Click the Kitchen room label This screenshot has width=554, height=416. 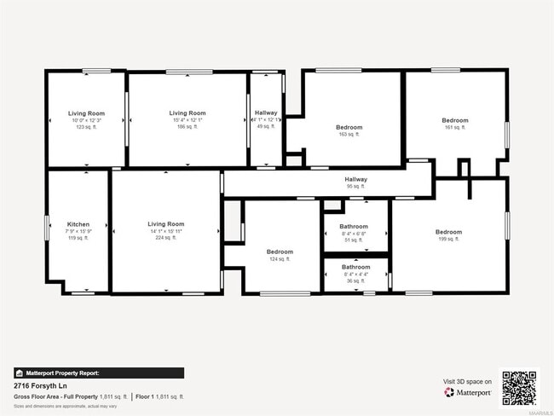coord(78,224)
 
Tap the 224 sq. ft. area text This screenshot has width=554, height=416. coord(165,238)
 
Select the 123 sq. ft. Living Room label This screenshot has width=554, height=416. coord(86,113)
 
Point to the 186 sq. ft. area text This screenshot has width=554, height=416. coord(188,126)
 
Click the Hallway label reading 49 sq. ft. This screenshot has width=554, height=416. coord(266,113)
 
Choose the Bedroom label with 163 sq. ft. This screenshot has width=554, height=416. coord(349,128)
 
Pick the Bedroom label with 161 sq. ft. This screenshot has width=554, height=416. coord(455,120)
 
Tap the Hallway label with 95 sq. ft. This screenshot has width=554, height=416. coord(355,179)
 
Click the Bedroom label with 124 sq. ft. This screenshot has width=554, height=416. coord(280,251)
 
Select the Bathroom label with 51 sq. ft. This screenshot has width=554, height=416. coord(355,228)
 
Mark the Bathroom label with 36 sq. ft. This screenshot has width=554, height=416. coord(355,267)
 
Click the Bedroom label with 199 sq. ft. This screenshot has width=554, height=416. coord(448,232)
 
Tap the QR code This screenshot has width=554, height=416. coord(519,388)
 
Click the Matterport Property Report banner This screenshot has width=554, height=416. coord(99,373)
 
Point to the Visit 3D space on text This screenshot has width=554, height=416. coord(466,381)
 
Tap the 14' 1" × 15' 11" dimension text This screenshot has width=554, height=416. coord(165,231)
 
